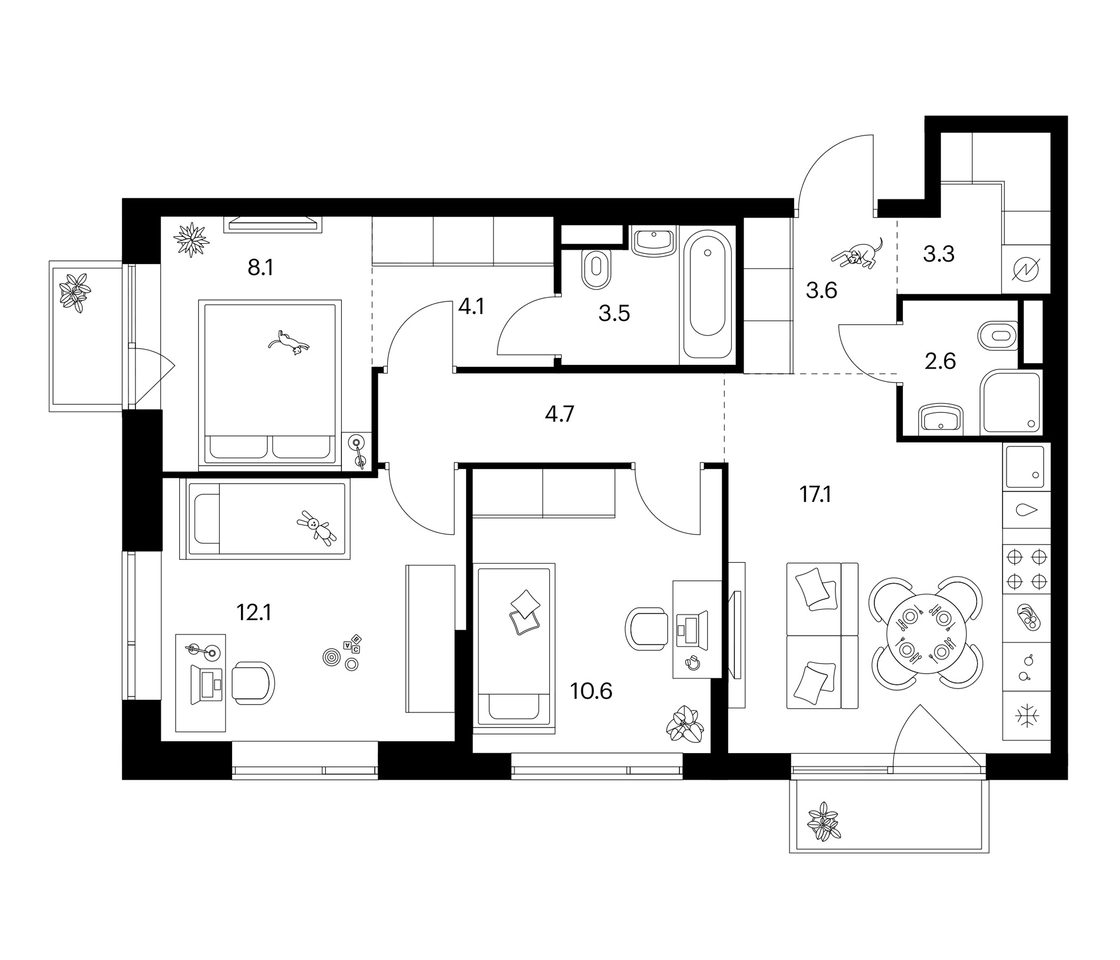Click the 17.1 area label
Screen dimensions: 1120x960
[x=815, y=494]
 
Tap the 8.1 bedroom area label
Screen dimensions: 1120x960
[x=261, y=268]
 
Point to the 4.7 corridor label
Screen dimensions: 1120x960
[x=559, y=414]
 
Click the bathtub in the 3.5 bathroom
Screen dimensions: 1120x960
[x=708, y=294]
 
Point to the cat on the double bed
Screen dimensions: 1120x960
[x=289, y=343]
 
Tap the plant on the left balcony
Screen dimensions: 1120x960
[x=75, y=293]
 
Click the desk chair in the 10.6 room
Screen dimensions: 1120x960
[x=646, y=629]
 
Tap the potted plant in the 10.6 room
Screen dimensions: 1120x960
[x=685, y=724]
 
